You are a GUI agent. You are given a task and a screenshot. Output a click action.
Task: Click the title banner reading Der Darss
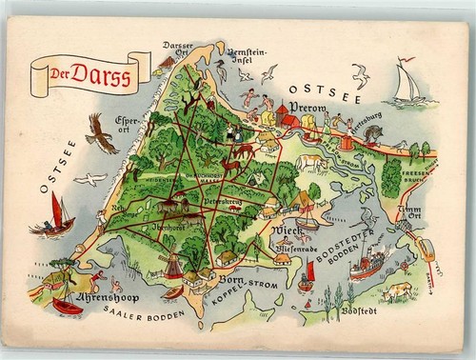pyautogui.click(x=90, y=73)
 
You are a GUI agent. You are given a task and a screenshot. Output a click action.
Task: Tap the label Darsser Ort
pyautogui.click(x=177, y=50)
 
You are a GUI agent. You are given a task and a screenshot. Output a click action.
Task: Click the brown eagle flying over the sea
pyautogui.click(x=101, y=132)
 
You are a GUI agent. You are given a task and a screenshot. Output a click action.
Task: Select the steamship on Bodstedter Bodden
pyautogui.click(x=367, y=262)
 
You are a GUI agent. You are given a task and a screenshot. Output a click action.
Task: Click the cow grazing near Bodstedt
pyautogui.click(x=397, y=290)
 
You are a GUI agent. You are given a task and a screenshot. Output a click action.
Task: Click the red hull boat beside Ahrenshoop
pyautogui.click(x=66, y=306)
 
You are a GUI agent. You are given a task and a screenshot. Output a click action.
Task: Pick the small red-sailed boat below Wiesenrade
pyautogui.click(x=307, y=276)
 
